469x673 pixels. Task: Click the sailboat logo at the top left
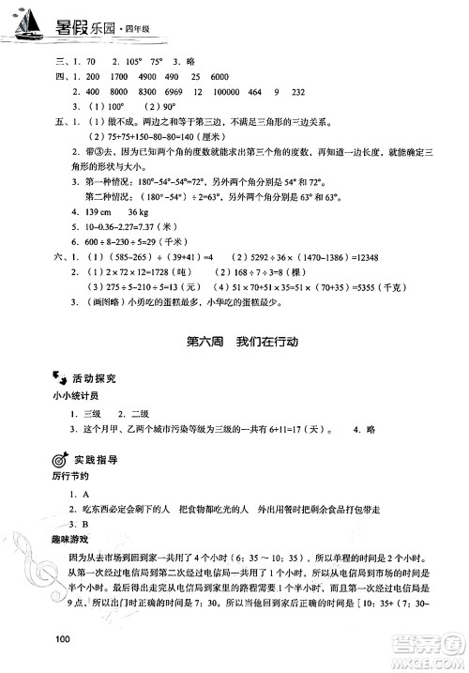(29, 23)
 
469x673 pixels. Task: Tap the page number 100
(64, 640)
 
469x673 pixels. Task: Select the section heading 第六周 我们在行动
(229, 343)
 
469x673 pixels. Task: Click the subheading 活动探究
(94, 378)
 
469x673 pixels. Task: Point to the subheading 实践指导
(94, 461)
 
